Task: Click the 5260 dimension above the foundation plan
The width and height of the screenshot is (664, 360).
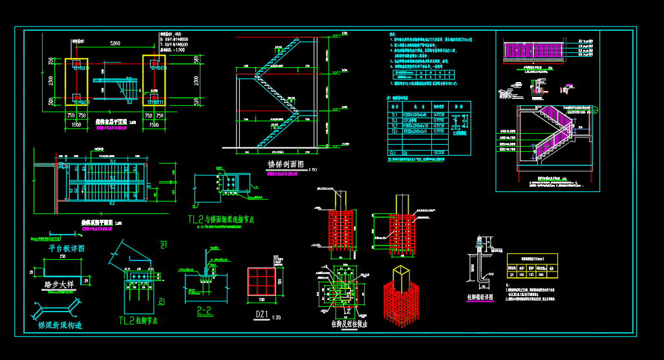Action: [115, 44]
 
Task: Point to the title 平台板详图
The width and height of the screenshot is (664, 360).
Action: [67, 248]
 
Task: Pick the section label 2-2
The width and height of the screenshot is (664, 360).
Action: [204, 310]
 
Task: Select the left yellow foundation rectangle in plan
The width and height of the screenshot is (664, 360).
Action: [76, 81]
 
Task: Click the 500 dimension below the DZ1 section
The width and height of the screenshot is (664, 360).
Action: [261, 299]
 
